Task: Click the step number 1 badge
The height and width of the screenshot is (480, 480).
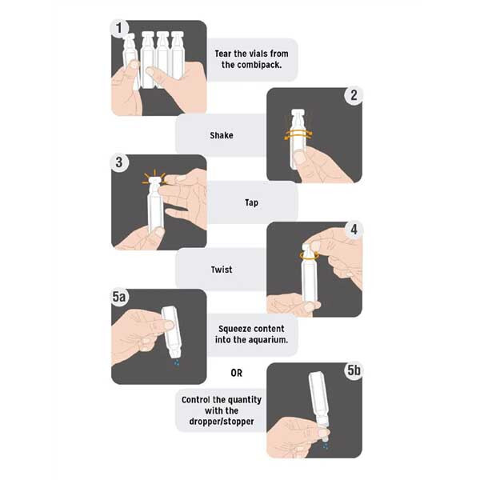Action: (118, 29)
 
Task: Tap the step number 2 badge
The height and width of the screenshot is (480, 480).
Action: (354, 95)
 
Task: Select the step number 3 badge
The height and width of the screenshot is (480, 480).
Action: (119, 162)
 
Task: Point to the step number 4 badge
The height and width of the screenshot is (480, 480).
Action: (354, 230)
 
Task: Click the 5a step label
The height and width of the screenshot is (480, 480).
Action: (119, 297)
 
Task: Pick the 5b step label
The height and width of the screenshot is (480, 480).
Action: (354, 370)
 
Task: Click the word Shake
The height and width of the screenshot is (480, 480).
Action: (222, 135)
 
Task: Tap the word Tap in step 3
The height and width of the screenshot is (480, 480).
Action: (251, 202)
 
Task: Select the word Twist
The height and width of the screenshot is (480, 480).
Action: (222, 270)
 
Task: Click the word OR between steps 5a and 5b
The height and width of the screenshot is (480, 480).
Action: (236, 373)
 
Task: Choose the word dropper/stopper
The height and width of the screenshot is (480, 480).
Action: (222, 422)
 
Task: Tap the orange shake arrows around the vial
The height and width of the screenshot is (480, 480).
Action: (298, 134)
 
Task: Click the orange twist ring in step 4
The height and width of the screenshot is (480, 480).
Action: (309, 256)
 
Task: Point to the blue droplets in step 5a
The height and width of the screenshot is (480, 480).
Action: (177, 362)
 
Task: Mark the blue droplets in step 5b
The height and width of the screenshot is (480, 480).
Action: (326, 446)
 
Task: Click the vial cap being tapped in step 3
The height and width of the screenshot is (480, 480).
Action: (154, 180)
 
